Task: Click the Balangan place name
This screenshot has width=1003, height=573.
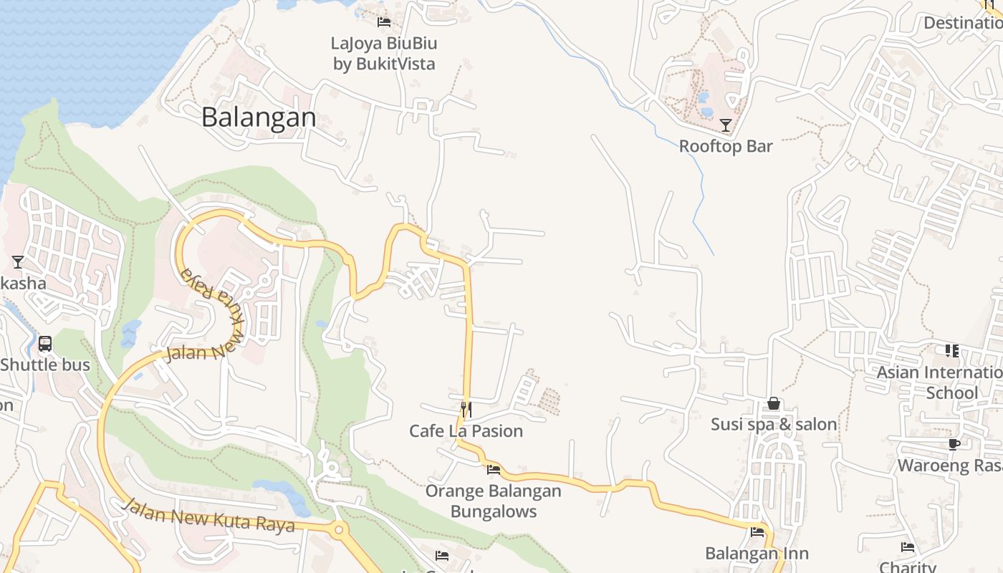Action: [x=259, y=117]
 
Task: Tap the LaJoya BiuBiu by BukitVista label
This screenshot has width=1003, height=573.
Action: [x=384, y=54]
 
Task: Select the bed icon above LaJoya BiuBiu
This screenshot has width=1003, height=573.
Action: [x=384, y=22]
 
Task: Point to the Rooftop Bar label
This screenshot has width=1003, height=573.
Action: [x=726, y=146]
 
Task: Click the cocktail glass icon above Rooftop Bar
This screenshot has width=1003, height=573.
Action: [x=726, y=125]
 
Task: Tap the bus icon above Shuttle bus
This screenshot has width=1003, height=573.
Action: [x=45, y=344]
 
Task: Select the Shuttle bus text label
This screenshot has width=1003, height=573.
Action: [x=45, y=365]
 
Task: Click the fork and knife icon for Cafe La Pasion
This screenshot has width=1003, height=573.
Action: [x=466, y=409]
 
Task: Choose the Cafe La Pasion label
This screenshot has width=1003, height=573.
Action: [x=466, y=431]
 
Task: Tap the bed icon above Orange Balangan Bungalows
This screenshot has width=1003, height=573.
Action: [x=494, y=470]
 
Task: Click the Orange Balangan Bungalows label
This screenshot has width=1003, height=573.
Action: [x=494, y=501]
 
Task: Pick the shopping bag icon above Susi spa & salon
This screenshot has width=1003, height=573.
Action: [x=774, y=403]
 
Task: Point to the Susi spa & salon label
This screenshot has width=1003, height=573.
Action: [x=774, y=425]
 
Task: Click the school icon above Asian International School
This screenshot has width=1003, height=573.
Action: [x=952, y=351]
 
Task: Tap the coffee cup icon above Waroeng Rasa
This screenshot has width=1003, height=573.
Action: [x=954, y=445]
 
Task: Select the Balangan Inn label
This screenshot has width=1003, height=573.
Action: [x=757, y=554]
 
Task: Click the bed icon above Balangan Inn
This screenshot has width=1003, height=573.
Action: [x=757, y=532]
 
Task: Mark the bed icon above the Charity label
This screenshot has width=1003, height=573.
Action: [x=908, y=548]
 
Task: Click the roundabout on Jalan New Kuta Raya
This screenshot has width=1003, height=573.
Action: [x=339, y=531]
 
